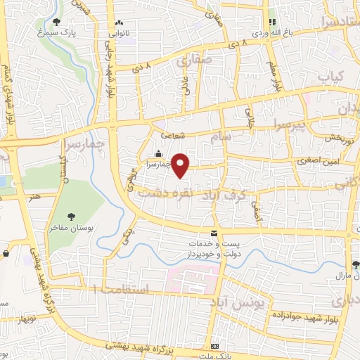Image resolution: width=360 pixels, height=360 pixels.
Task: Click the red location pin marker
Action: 181,166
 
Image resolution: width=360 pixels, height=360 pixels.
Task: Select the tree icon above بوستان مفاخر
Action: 70,216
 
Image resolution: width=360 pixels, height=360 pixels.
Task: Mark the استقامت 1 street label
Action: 127,288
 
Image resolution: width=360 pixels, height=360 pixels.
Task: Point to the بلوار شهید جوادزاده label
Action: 305,316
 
